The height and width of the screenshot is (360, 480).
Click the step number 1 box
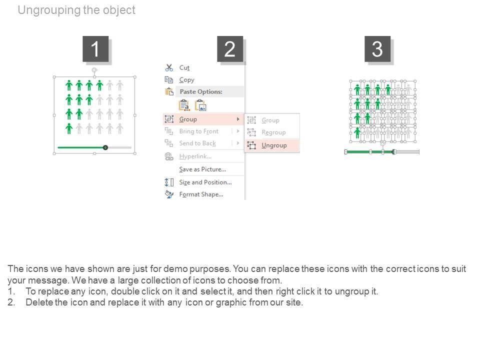point(95,49)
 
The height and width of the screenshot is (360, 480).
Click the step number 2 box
point(230,49)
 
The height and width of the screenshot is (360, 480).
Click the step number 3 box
point(377,49)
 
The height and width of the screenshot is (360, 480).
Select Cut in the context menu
point(184,67)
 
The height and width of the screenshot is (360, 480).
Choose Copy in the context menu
point(186,80)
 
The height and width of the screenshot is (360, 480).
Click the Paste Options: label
point(201,91)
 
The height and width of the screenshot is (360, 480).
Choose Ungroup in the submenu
point(274,145)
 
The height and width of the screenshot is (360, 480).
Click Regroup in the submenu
point(273,132)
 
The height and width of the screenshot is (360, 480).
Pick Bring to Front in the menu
point(199,131)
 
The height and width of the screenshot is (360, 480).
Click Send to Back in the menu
point(197,143)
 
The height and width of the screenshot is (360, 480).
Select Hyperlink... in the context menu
point(195,156)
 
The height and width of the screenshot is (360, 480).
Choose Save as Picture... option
point(202,169)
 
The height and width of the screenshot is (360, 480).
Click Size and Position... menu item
point(205,182)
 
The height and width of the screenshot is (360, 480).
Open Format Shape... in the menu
point(201,194)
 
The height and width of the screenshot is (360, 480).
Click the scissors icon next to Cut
point(169,67)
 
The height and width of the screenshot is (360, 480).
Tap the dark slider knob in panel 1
point(105,147)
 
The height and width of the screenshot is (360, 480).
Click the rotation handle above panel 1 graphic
point(94,70)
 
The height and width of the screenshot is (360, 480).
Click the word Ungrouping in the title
point(49,10)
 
